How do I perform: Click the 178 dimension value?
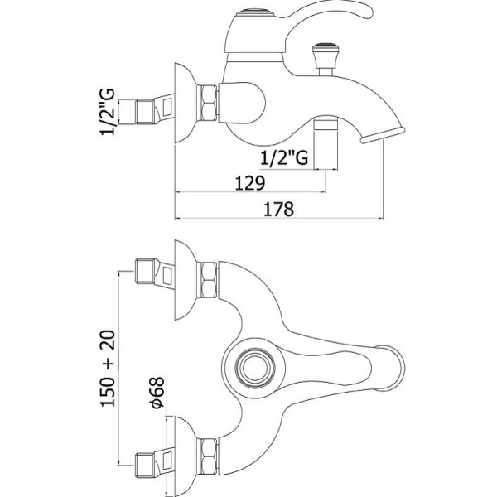279,209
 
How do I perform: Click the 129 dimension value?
250,183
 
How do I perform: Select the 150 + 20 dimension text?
108,369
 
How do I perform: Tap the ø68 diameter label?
157,392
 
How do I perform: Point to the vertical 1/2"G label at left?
108,112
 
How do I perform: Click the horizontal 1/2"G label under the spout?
284,157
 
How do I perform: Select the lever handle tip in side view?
364,11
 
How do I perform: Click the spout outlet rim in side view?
383,134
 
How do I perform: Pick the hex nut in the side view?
207,103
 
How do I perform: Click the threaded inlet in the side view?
145,112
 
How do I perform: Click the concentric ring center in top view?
255,368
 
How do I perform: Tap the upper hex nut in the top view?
207,280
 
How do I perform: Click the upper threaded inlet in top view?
145,271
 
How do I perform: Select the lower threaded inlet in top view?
145,466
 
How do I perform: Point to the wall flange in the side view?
186,103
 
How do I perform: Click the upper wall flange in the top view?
186,280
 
